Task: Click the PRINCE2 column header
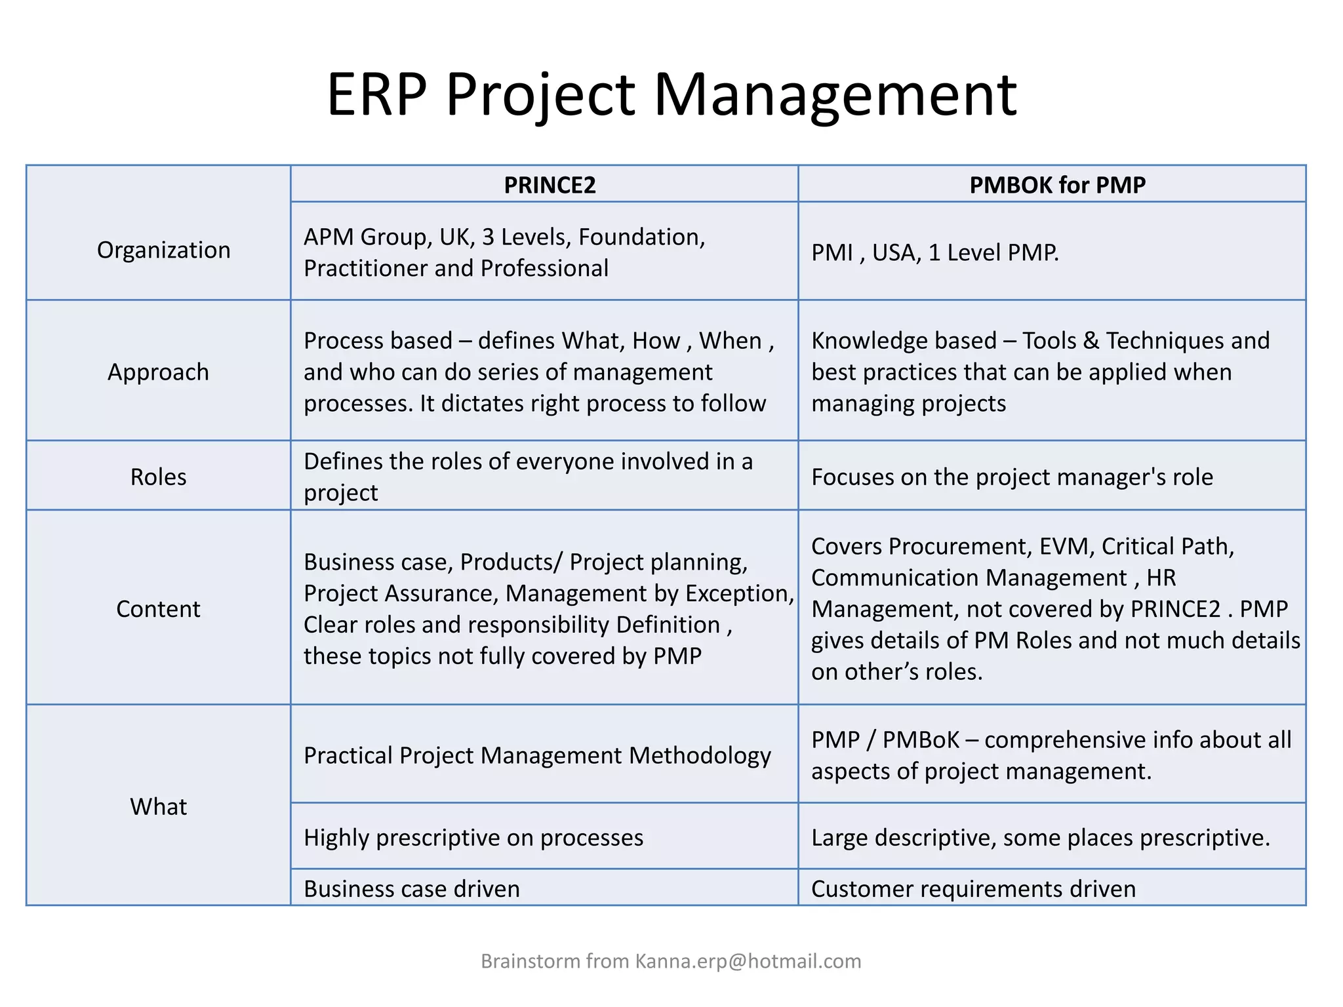point(550,185)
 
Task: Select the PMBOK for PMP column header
point(1057,185)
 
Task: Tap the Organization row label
point(163,250)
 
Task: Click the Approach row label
point(158,372)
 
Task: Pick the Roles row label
point(158,477)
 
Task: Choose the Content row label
point(158,609)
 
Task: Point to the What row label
point(158,806)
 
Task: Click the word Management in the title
point(835,95)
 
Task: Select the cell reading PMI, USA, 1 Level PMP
point(934,252)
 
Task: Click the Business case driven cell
point(412,889)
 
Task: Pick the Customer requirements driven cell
point(973,889)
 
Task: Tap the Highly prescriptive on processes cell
point(473,838)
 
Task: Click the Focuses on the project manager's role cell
point(1012,477)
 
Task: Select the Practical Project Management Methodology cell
point(537,756)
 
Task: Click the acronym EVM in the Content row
point(1066,546)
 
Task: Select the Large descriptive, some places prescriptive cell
point(1040,838)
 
